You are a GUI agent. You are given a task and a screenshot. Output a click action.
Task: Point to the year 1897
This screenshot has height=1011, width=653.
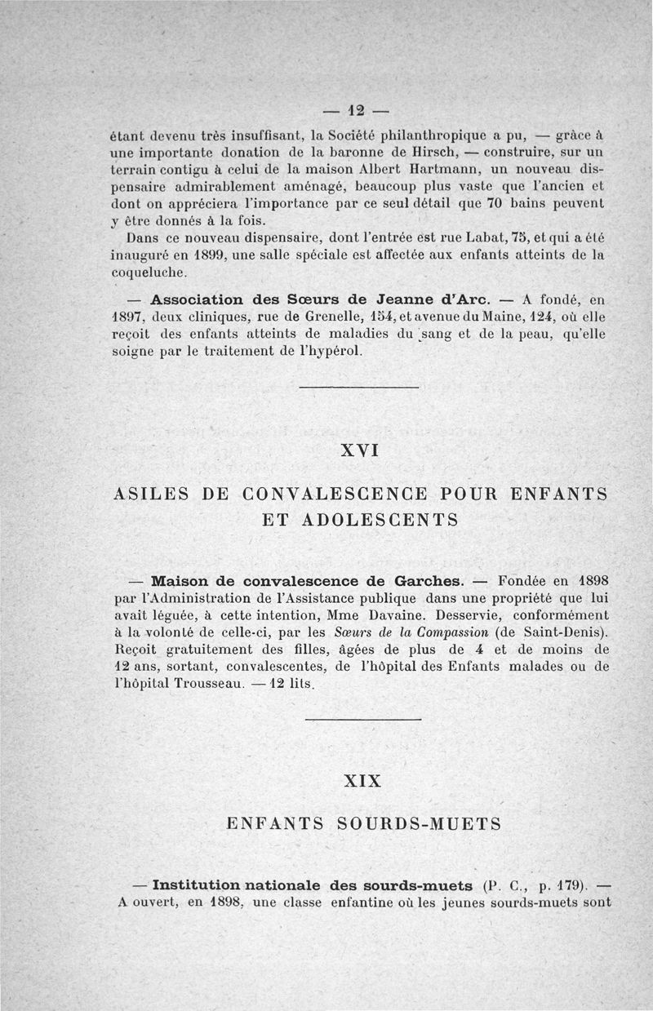129,317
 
